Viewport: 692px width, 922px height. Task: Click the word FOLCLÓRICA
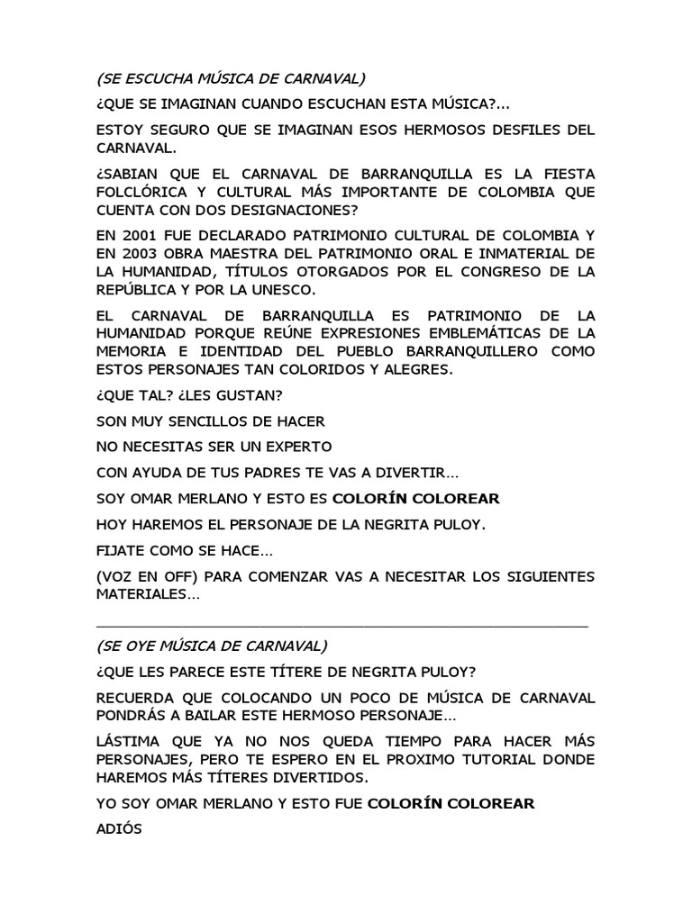click(x=145, y=192)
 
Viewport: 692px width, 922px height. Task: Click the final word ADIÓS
click(x=119, y=829)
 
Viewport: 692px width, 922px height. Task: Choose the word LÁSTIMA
click(x=127, y=741)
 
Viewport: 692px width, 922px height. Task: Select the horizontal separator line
click(x=341, y=624)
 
